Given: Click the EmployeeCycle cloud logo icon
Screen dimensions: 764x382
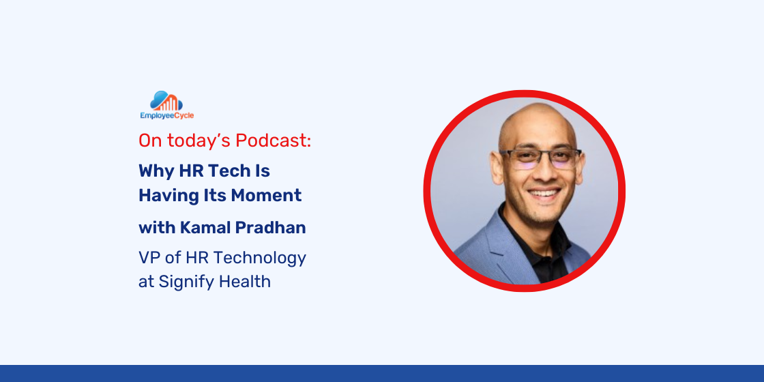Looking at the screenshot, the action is (x=166, y=101).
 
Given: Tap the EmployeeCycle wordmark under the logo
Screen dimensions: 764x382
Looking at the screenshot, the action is (x=166, y=115).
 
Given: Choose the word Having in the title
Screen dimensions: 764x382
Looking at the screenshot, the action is (x=164, y=196).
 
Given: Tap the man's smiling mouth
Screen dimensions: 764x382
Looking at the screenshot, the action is (x=544, y=194).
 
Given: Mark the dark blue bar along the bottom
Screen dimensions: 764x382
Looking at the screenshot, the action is (x=382, y=373).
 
